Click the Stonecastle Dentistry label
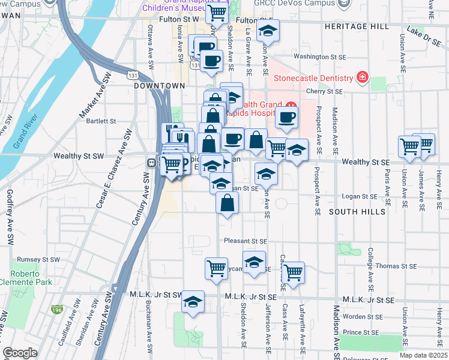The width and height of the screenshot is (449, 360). [313, 79]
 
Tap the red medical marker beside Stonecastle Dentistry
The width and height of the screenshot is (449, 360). [362, 78]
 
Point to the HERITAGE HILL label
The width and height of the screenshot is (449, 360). [357, 27]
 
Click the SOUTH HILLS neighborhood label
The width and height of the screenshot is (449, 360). [357, 212]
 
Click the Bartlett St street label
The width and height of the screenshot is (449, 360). [101, 121]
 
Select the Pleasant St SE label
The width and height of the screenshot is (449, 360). [245, 241]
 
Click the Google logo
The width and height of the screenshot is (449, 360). [19, 353]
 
